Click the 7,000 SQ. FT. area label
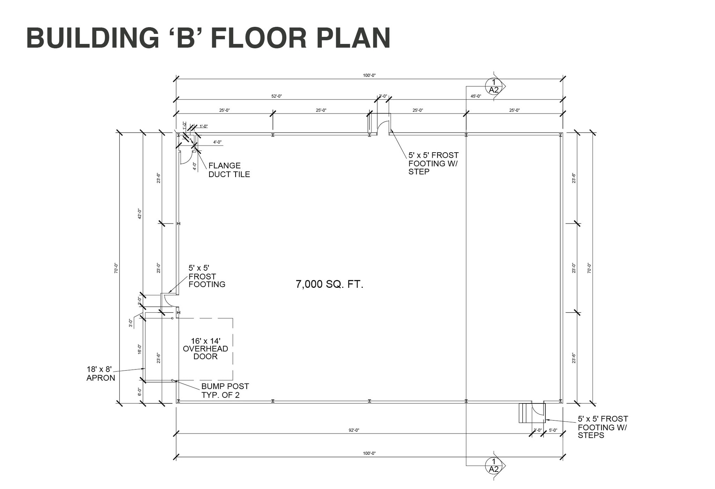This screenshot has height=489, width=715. point(330,284)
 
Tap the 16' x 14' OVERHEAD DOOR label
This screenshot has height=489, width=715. point(206,349)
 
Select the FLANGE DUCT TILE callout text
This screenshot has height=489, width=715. point(229,170)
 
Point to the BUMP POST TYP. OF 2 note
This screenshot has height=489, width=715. point(225,391)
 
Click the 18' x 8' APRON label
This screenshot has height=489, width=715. point(101,373)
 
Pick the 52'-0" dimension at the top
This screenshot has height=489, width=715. point(277,96)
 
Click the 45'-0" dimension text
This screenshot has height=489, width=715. point(476,96)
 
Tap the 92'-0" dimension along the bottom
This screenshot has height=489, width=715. point(354,430)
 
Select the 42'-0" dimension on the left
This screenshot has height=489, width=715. point(140,214)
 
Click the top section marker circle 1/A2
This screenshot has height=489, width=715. point(494,86)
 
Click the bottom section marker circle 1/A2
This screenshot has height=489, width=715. point(494,466)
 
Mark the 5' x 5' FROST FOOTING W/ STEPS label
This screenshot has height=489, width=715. point(603,427)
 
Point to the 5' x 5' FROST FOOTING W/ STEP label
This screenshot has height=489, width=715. point(433,163)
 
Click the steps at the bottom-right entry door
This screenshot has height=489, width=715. point(525,413)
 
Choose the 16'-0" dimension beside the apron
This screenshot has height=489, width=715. point(140,349)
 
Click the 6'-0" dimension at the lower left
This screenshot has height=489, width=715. point(140,392)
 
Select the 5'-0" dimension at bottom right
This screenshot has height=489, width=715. point(553,430)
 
